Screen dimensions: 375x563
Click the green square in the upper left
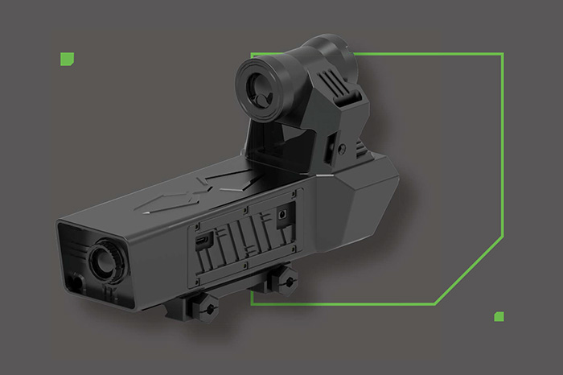(68, 58)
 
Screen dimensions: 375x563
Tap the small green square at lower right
(499, 316)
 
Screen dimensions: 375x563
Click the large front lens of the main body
(104, 259)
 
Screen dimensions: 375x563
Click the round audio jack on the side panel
(282, 214)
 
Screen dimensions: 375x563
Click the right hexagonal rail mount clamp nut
(286, 277)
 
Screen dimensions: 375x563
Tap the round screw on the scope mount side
(342, 149)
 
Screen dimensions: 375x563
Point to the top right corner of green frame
(502, 55)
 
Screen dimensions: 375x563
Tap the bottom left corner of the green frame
(253, 303)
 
